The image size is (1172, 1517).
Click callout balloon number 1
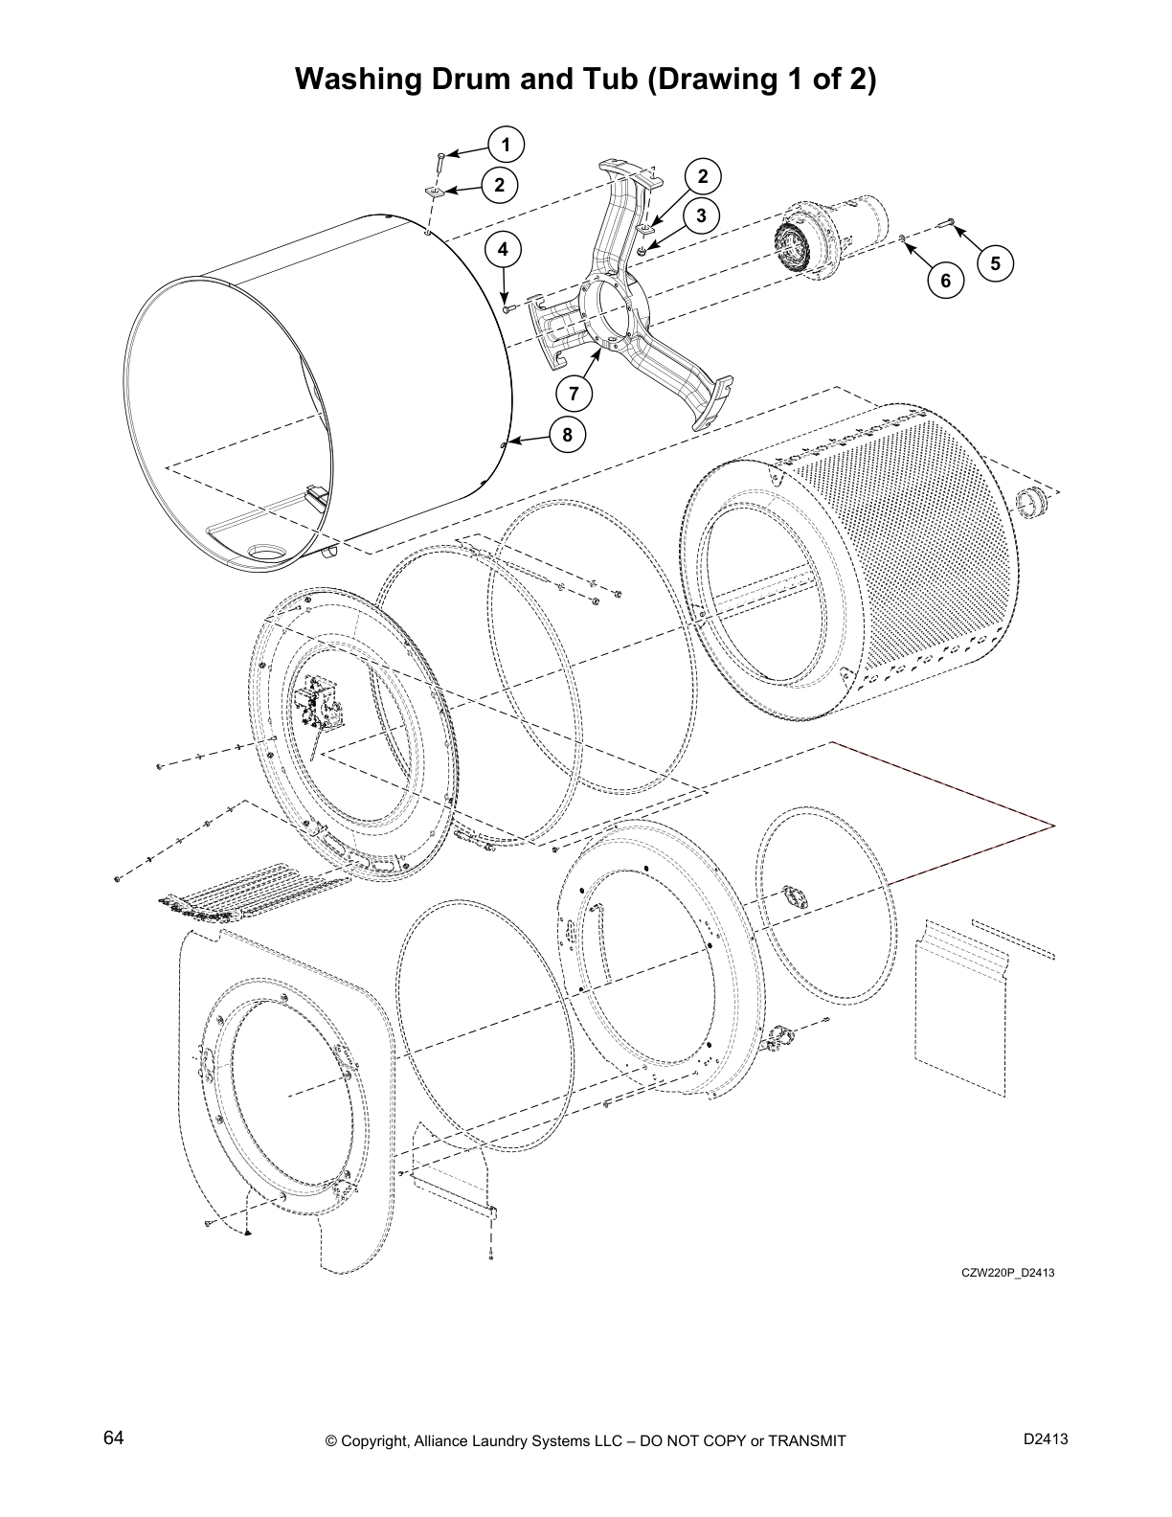(505, 146)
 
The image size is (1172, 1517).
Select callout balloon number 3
(702, 215)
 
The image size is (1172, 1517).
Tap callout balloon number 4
(505, 251)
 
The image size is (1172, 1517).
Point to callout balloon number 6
(945, 280)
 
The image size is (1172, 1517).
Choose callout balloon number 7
(574, 393)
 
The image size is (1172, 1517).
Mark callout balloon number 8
(567, 436)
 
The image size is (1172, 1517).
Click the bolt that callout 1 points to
(439, 160)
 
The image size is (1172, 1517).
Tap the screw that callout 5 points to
(949, 222)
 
